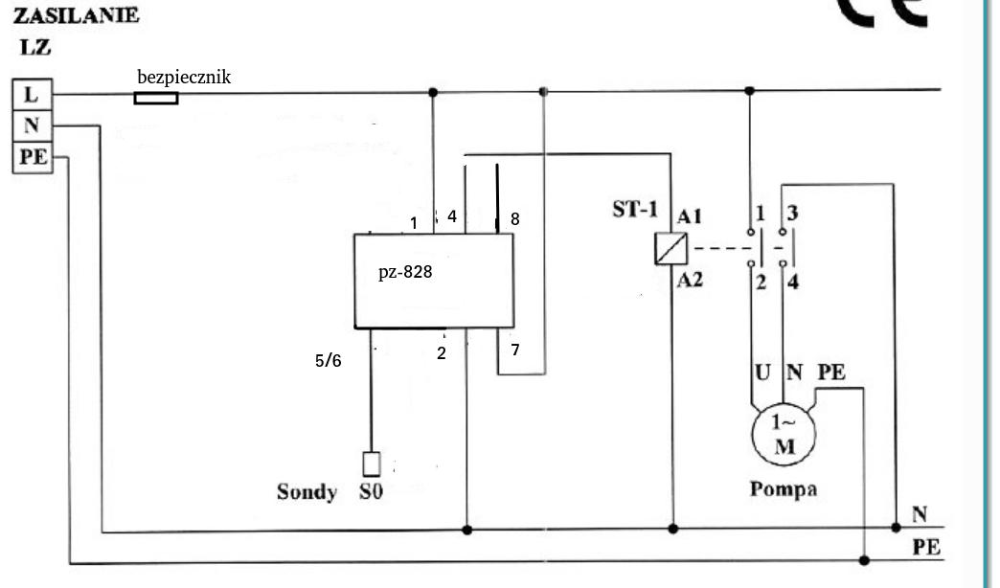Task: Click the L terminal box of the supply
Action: [x=32, y=95]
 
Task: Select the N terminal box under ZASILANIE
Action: [x=32, y=125]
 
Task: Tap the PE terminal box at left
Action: [x=32, y=157]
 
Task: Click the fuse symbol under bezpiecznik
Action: [x=155, y=98]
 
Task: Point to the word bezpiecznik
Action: [x=184, y=78]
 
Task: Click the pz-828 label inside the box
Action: [x=405, y=272]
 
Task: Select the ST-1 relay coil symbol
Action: [x=670, y=249]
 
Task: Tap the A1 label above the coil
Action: [x=690, y=216]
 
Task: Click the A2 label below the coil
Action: [x=690, y=280]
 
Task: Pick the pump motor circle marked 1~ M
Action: [x=784, y=435]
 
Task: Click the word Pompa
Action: [x=784, y=489]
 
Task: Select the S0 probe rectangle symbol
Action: [x=372, y=464]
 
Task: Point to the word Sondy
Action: [x=307, y=491]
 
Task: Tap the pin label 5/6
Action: [x=328, y=361]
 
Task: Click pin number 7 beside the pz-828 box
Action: [x=515, y=350]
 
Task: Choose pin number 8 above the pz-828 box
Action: [x=515, y=219]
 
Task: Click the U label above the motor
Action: [x=762, y=372]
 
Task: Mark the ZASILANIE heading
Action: [x=76, y=15]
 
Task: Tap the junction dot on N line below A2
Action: [x=672, y=529]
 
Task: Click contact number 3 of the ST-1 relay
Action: [x=792, y=213]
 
